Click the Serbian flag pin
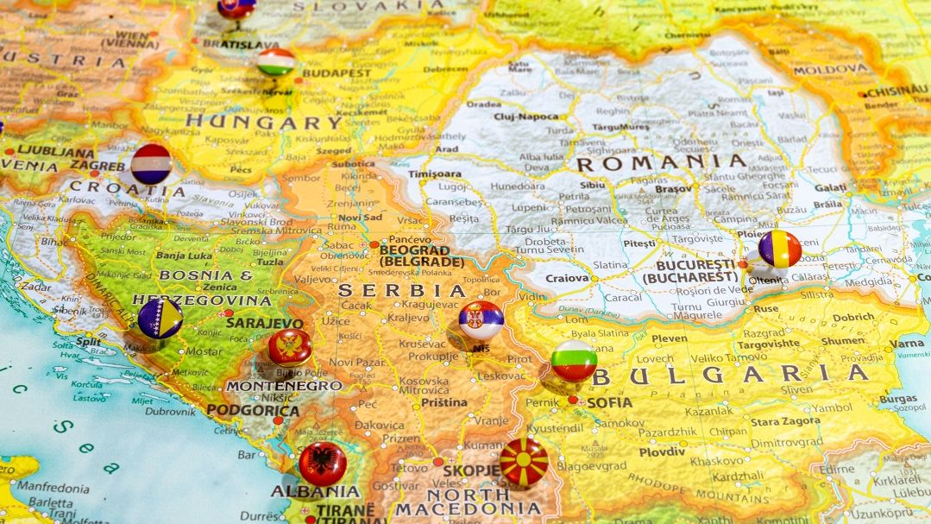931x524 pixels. pyautogui.click(x=481, y=320)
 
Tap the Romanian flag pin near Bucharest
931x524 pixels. pyautogui.click(x=779, y=249)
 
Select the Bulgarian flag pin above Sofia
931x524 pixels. pyautogui.click(x=574, y=360)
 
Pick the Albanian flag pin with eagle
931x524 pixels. pyautogui.click(x=323, y=463)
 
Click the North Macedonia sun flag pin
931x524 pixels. pyautogui.click(x=524, y=461)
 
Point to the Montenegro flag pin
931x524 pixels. pyautogui.click(x=289, y=347)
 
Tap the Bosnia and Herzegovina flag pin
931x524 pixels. pyautogui.click(x=160, y=319)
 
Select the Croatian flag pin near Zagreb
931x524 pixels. pyautogui.click(x=152, y=163)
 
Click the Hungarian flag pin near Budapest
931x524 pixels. pyautogui.click(x=275, y=62)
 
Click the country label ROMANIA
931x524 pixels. pyautogui.click(x=660, y=161)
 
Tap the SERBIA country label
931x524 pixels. pyautogui.click(x=402, y=291)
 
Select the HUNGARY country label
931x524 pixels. pyautogui.click(x=265, y=122)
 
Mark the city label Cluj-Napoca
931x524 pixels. pyautogui.click(x=526, y=116)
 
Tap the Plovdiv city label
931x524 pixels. pyautogui.click(x=662, y=451)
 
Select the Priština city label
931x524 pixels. pyautogui.click(x=444, y=402)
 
